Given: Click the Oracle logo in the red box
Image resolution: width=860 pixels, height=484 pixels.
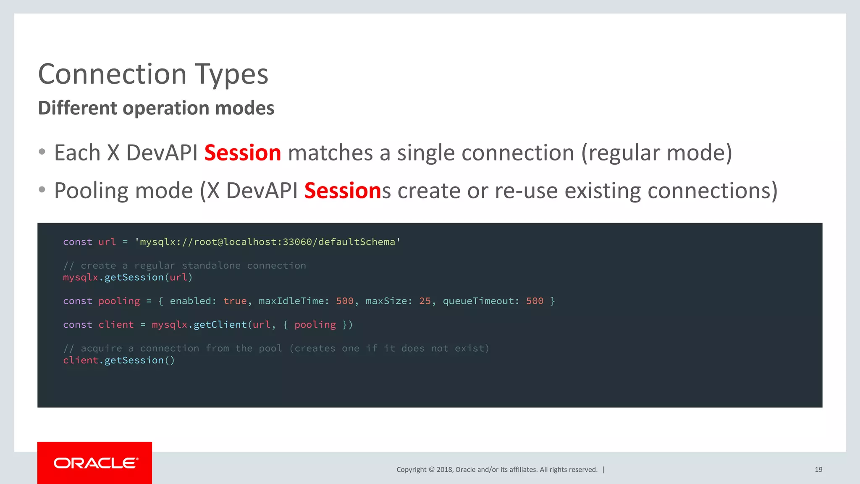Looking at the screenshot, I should coord(95,463).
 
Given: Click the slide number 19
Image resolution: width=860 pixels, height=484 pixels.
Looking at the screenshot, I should coord(818,470).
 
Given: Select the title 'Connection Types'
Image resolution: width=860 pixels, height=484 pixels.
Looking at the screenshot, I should coord(153,74).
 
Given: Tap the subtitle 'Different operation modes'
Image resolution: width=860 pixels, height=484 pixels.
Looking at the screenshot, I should coord(156,108).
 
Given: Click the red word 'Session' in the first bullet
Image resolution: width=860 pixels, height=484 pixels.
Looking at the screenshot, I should coord(242,153).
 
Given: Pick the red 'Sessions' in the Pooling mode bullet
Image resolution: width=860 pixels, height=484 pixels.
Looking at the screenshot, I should coord(342,191).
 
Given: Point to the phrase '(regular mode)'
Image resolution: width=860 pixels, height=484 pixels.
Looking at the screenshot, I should coord(656,153).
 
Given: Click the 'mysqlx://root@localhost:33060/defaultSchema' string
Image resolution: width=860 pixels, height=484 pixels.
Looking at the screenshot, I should coord(267,242).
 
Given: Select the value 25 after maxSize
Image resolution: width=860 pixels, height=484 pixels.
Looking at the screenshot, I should coord(425,301).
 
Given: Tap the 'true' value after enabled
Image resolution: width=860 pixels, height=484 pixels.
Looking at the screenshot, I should coord(235,301).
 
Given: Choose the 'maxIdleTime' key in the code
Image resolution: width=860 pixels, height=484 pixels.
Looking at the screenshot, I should coord(291,301).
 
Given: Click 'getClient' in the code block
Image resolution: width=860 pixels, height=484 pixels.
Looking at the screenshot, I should coord(220,325).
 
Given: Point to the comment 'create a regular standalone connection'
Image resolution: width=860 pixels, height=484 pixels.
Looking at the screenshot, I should coord(193,266).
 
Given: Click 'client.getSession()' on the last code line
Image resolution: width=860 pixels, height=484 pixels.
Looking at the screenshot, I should coord(119,360).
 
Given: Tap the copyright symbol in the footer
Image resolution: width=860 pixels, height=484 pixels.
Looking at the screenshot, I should coord(431,470).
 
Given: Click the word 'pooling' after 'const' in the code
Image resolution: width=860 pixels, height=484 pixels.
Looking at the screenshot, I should coord(119,301).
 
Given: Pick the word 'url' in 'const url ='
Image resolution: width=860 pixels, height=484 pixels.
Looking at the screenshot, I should coord(107,242).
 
